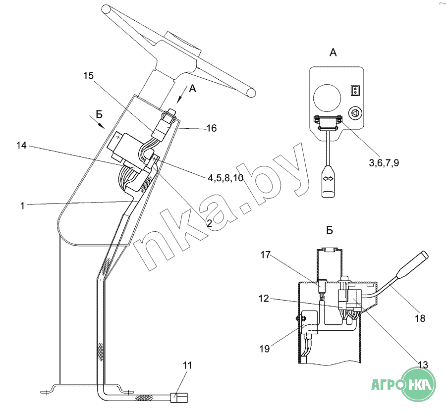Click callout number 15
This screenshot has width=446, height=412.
pyautogui.click(x=88, y=76)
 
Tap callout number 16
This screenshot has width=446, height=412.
pyautogui.click(x=211, y=128)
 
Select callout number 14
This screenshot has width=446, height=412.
pyautogui.click(x=21, y=145)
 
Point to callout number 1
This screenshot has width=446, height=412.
pyautogui.click(x=22, y=206)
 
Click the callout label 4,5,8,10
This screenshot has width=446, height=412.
pyautogui.click(x=225, y=178)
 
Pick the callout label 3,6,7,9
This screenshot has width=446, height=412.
pyautogui.click(x=384, y=163)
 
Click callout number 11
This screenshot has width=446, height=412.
pyautogui.click(x=187, y=365)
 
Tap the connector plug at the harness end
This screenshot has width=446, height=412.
pyautogui.click(x=179, y=397)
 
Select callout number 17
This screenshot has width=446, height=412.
pyautogui.click(x=266, y=255)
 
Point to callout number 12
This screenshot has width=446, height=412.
pyautogui.click(x=264, y=298)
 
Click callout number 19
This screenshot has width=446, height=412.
pyautogui.click(x=265, y=348)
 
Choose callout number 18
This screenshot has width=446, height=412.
pyautogui.click(x=420, y=318)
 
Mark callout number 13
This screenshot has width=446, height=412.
pyautogui.click(x=423, y=364)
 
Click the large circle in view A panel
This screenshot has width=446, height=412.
pyautogui.click(x=327, y=98)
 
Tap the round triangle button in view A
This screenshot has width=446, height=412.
pyautogui.click(x=355, y=113)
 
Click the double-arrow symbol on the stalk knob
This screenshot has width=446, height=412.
pyautogui.click(x=328, y=179)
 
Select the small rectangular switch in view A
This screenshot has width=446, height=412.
pyautogui.click(x=355, y=91)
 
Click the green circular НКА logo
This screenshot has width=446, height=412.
pyautogui.click(x=418, y=384)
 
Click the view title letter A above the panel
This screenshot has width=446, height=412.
pyautogui.click(x=333, y=52)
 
